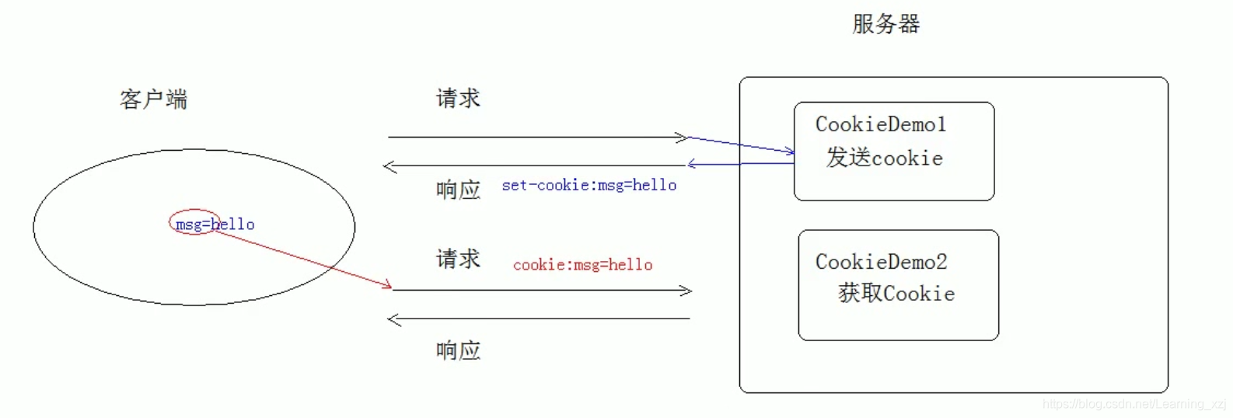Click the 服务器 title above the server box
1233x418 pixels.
(885, 24)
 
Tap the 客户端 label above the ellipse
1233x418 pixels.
(153, 99)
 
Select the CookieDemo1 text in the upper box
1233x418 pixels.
(880, 124)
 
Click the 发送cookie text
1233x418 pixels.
(884, 158)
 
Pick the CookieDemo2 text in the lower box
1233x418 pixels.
(881, 262)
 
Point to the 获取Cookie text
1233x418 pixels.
(896, 294)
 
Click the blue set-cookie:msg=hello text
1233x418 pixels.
(589, 186)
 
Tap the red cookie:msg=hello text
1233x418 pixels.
(582, 265)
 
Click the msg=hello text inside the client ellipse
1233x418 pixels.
(215, 225)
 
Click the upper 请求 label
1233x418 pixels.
(458, 99)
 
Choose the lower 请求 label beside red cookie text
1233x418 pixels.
(458, 259)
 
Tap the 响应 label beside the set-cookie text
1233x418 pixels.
(458, 190)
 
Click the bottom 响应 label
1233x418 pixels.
(458, 350)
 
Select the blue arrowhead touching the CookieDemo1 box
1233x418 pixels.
(791, 152)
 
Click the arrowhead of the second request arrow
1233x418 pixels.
(687, 291)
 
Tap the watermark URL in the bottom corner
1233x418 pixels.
(1133, 404)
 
